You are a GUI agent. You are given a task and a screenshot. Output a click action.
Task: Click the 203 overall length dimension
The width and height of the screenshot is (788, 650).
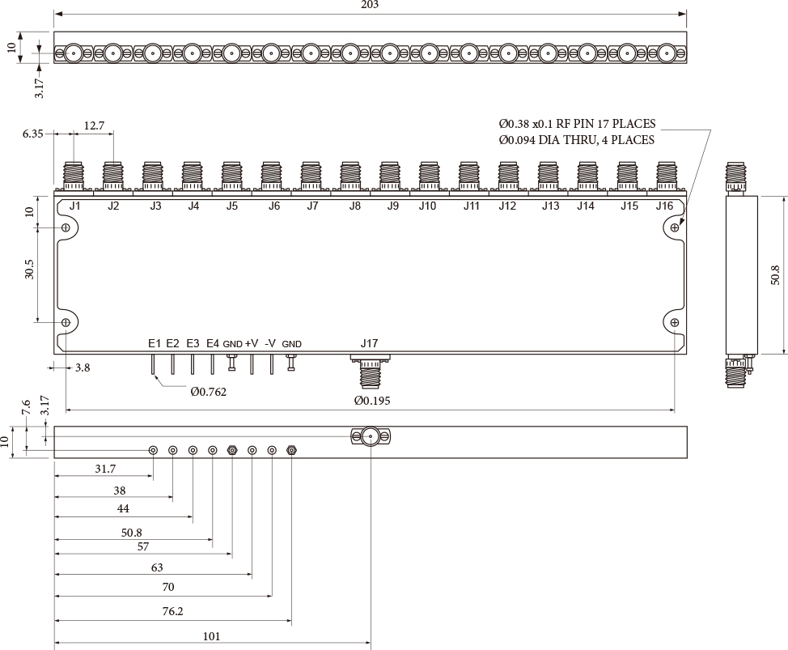[x=371, y=5]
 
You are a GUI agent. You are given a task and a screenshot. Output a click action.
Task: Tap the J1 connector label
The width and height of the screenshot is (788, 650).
[x=74, y=206]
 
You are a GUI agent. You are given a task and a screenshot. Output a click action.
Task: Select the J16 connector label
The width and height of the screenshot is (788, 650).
[x=664, y=206]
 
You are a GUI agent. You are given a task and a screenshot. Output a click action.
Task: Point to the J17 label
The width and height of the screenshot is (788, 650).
[x=369, y=344]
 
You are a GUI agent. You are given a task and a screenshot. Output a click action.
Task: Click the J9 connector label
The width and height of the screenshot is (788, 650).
[x=392, y=206]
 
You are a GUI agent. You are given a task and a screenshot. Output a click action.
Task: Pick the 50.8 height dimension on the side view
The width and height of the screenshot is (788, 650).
[x=775, y=274]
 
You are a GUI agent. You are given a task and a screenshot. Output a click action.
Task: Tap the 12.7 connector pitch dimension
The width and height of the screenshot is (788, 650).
[x=94, y=125]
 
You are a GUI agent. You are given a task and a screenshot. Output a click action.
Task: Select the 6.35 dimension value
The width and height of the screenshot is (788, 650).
[x=33, y=134]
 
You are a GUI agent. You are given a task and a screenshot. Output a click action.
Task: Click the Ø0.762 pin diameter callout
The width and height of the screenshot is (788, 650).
[x=208, y=393]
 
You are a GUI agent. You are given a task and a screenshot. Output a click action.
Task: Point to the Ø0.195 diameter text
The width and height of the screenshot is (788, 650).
[x=372, y=401]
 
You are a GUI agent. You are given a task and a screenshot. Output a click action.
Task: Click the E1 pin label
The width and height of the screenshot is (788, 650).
[x=155, y=344]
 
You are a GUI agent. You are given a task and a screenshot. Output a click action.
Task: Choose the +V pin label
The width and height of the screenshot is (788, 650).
[x=252, y=344]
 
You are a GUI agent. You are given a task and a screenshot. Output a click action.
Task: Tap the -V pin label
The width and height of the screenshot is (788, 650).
[x=271, y=344]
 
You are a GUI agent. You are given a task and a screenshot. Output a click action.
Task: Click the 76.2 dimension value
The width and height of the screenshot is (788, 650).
[x=172, y=612]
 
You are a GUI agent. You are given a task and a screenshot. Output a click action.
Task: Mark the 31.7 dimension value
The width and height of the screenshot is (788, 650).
[x=105, y=469]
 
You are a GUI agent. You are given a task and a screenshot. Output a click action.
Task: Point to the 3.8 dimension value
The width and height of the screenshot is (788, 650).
[x=82, y=367]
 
